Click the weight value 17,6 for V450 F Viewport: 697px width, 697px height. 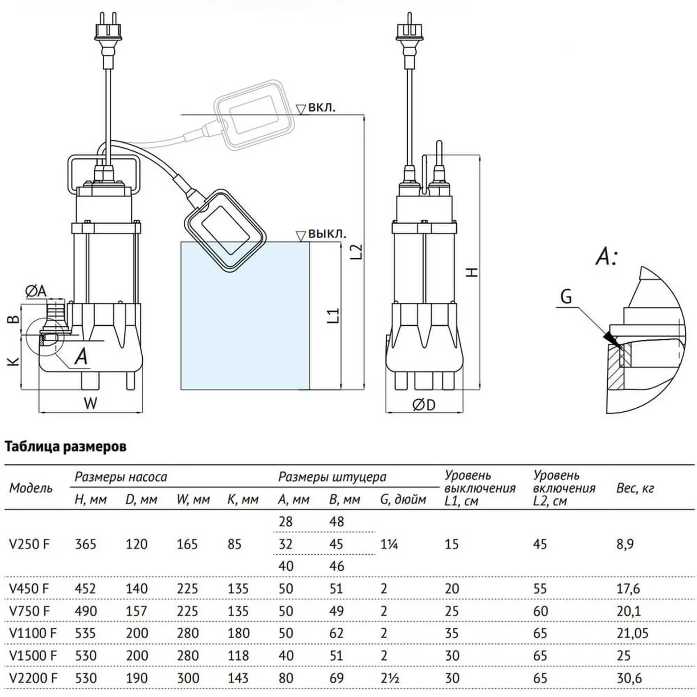pos(628,588)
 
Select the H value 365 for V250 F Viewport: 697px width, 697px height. pos(85,544)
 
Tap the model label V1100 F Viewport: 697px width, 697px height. pos(33,633)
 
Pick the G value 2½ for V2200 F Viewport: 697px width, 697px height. pos(390,678)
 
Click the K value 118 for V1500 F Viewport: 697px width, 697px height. pos(238,656)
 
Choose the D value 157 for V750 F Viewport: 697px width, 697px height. pos(136,611)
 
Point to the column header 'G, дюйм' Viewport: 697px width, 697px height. pos(403,500)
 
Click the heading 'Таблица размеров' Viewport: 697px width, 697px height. pos(65,447)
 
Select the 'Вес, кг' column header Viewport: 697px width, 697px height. pos(635,488)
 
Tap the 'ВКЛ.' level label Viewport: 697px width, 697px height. pos(322,107)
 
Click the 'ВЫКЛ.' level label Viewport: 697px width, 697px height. pos(327,234)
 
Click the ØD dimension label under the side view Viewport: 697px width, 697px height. pos(424,405)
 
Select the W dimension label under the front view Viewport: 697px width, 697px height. pos(90,403)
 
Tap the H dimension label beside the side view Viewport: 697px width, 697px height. pos(472,272)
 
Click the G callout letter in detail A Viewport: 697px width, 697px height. pos(566,297)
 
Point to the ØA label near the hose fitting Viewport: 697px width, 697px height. pos(36,291)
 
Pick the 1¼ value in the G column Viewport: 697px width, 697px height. pos(389,544)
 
